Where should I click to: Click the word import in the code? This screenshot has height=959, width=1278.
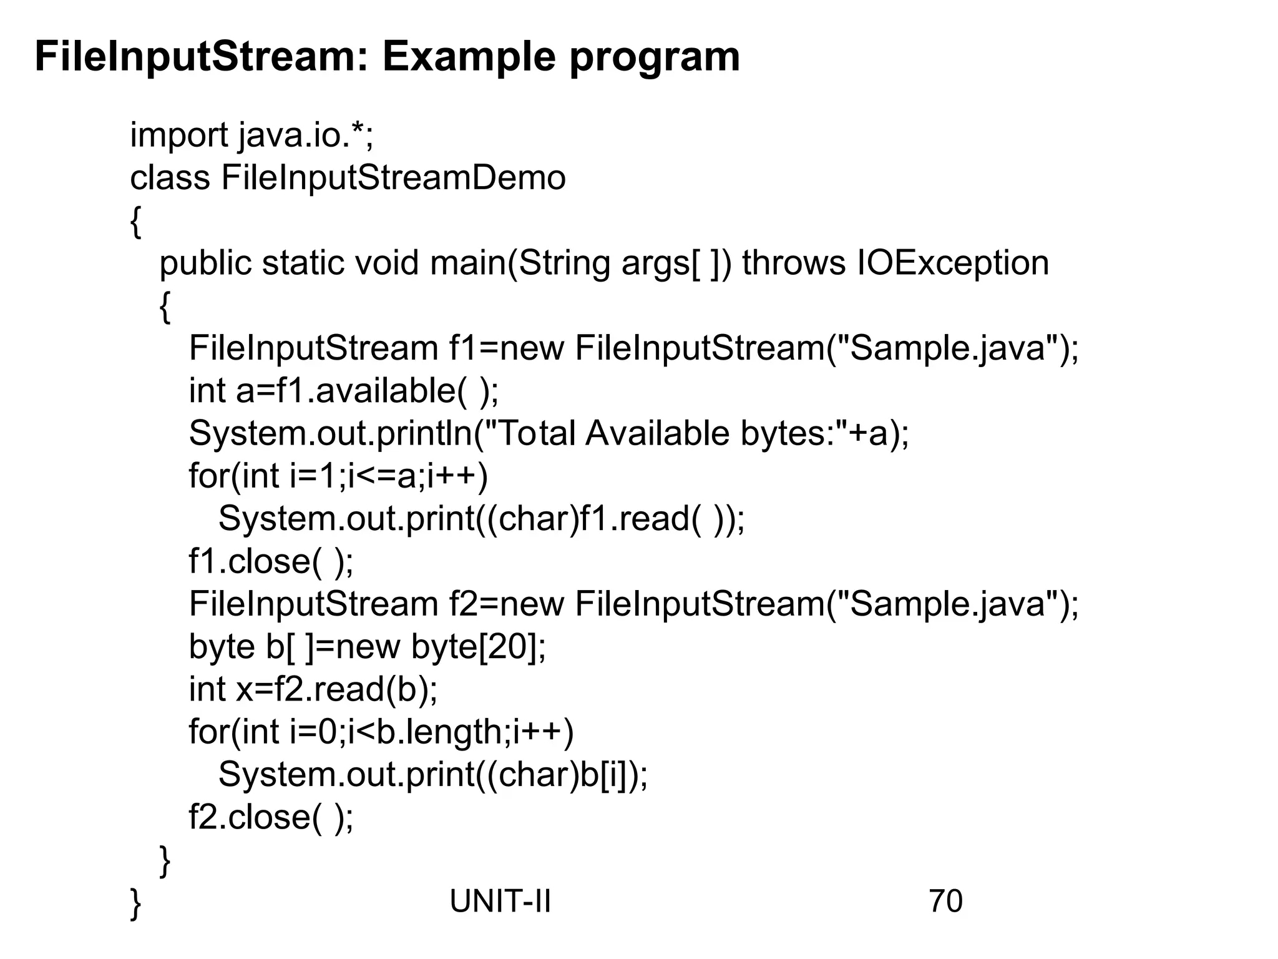pyautogui.click(x=179, y=135)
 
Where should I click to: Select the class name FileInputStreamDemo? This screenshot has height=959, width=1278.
pyautogui.click(x=393, y=178)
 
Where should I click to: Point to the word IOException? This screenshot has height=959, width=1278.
pyautogui.click(x=953, y=263)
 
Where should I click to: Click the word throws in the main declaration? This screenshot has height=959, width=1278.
pyautogui.click(x=793, y=263)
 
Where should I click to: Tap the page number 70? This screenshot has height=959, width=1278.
pyautogui.click(x=945, y=901)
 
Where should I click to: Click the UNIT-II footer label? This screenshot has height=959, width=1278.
pyautogui.click(x=500, y=901)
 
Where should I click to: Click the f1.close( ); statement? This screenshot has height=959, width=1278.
pyautogui.click(x=271, y=561)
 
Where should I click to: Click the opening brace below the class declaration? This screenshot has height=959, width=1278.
pyautogui.click(x=135, y=222)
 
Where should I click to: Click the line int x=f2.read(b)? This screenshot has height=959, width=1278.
pyautogui.click(x=313, y=689)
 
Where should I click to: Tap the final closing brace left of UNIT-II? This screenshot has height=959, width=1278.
pyautogui.click(x=135, y=903)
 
